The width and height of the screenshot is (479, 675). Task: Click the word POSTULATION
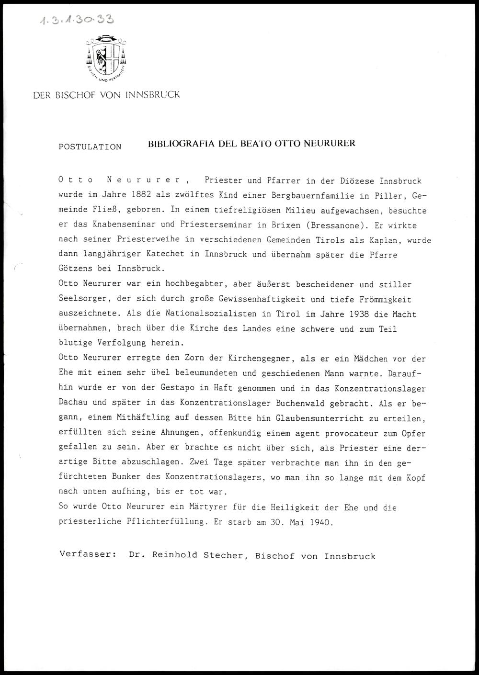(90, 147)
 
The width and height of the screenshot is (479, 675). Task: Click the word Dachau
(74, 403)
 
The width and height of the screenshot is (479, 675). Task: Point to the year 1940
(320, 522)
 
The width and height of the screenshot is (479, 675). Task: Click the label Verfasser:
(88, 555)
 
